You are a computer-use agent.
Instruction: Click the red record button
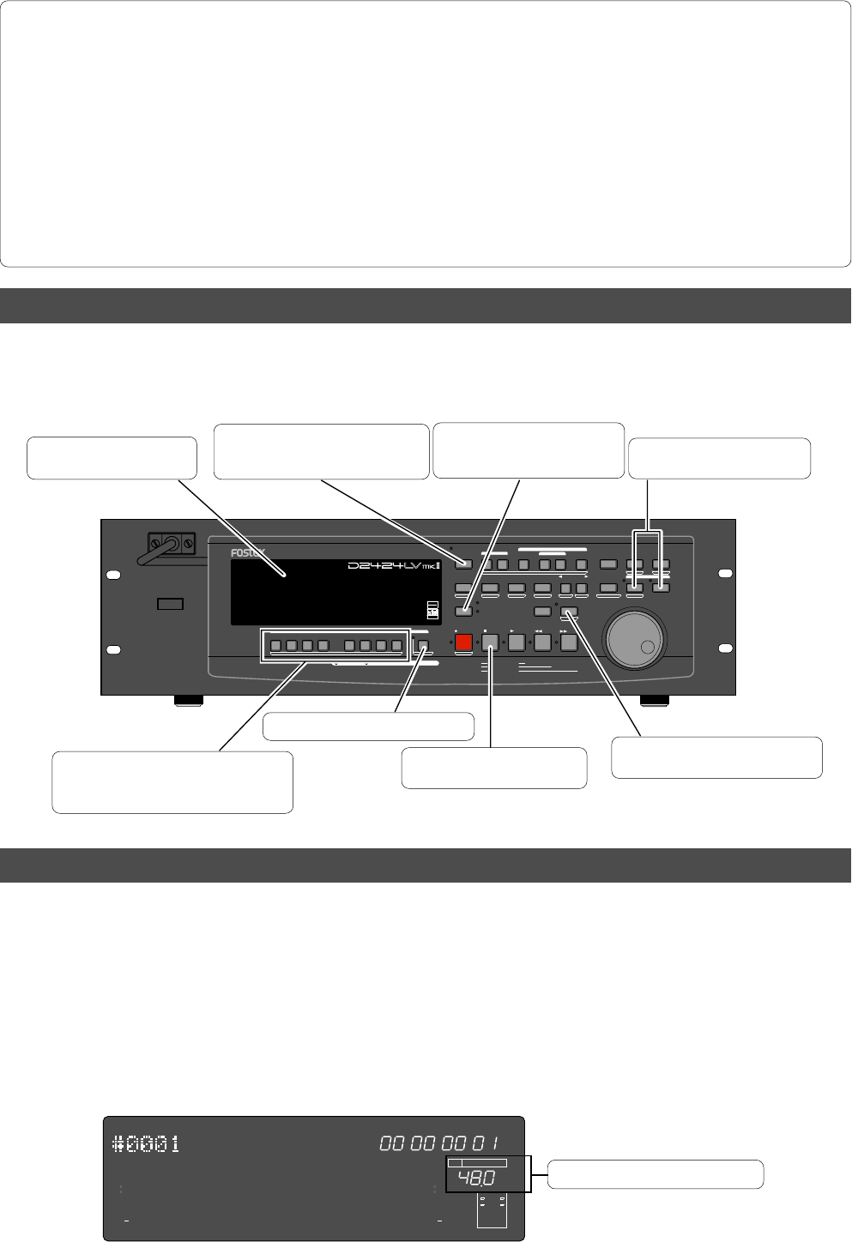(464, 642)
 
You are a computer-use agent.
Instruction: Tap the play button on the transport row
(517, 642)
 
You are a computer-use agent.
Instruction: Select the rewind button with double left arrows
(542, 642)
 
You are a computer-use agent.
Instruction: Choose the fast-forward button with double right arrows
(568, 642)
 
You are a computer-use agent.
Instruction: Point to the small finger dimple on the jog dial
(649, 648)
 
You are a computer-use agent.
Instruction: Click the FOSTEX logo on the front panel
(248, 553)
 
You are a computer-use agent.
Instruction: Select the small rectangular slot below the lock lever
(171, 605)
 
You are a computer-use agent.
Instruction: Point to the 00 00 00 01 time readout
(439, 1143)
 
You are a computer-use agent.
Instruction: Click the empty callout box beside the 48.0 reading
(656, 1174)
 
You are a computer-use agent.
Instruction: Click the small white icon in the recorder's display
(432, 611)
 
